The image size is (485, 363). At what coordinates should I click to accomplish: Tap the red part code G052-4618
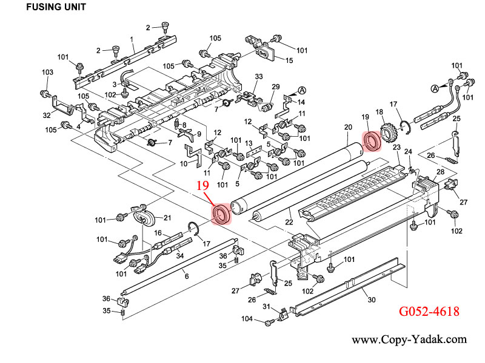coord(428,312)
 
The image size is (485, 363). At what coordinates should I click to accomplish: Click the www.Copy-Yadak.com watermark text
coord(409,340)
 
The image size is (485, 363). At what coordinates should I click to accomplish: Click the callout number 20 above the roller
coord(347,127)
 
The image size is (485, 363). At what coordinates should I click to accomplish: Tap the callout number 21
coord(167,218)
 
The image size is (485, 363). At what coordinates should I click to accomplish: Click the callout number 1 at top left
coord(132,40)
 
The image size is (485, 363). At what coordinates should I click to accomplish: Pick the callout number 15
coord(289,60)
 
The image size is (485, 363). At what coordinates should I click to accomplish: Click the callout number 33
coord(258,76)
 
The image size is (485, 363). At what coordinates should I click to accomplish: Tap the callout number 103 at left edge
coord(47,73)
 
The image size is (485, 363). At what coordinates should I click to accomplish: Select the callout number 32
coord(47,115)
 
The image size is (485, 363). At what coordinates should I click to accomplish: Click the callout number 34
coord(180,255)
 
